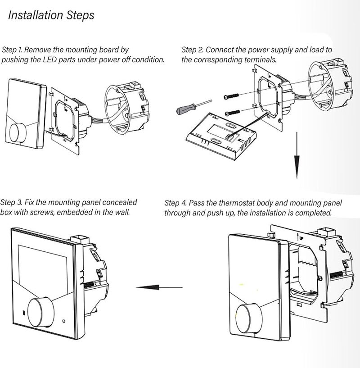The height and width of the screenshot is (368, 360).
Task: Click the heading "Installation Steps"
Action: (51, 15)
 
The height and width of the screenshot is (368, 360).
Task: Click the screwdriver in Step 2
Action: (194, 107)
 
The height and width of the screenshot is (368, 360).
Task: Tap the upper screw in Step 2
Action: (231, 96)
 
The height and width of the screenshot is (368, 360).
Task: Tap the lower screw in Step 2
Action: (233, 113)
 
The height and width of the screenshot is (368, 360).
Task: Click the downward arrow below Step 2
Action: (297, 155)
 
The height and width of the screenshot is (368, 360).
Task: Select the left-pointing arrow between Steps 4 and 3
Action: (159, 287)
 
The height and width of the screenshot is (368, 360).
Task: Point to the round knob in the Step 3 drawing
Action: (40, 313)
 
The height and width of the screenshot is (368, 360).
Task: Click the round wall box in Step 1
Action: (126, 109)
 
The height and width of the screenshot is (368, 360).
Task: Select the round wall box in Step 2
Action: (330, 86)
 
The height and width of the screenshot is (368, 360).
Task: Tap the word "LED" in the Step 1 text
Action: (49, 59)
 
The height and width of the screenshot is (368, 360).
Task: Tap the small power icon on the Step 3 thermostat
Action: (63, 321)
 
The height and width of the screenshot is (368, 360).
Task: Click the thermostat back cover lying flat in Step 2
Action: (221, 136)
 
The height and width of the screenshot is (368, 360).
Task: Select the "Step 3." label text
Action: (11, 202)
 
